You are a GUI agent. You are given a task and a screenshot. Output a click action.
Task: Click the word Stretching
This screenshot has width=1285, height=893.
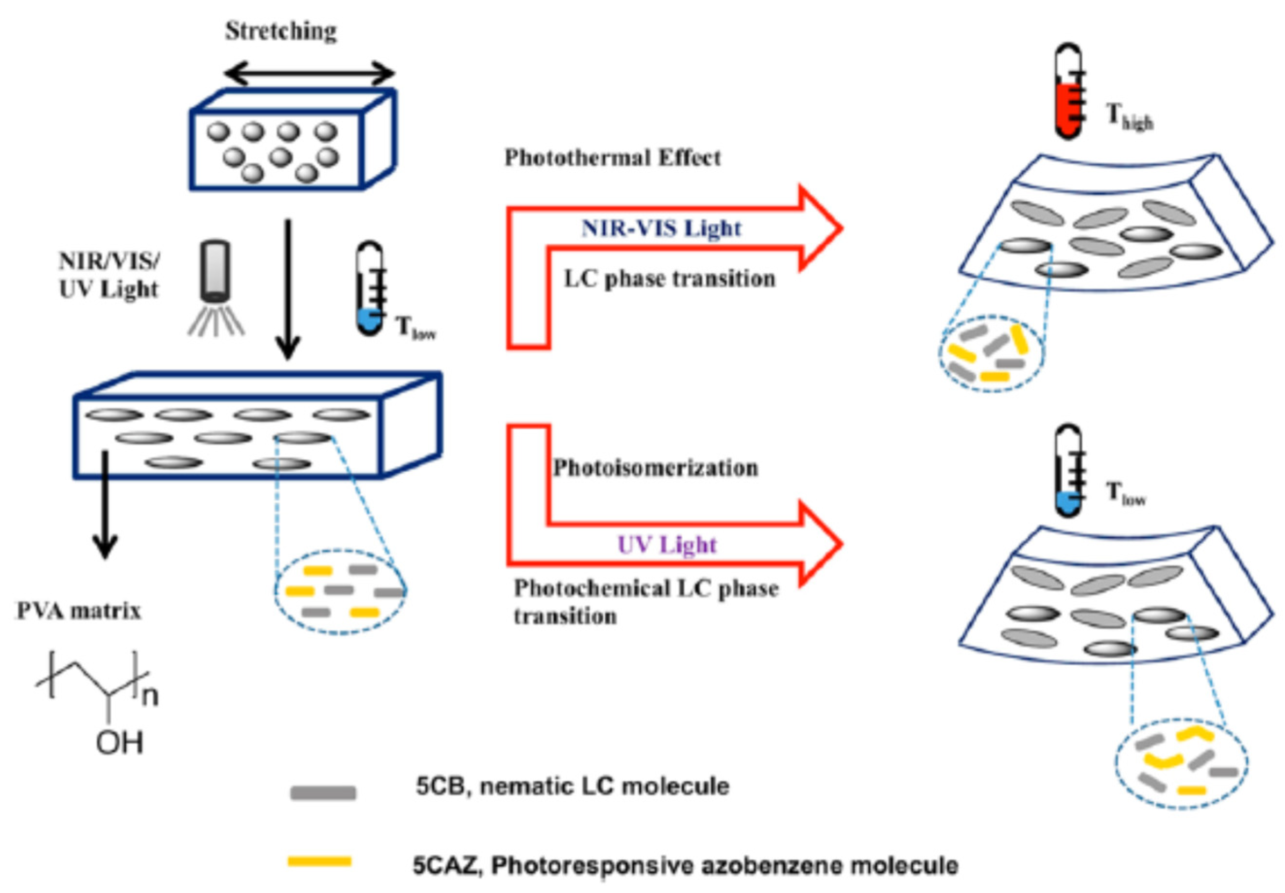pos(281,32)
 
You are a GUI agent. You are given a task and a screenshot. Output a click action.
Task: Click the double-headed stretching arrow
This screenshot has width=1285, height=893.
pos(309,73)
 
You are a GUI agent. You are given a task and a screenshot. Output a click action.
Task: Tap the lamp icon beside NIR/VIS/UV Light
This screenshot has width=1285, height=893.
pos(216,288)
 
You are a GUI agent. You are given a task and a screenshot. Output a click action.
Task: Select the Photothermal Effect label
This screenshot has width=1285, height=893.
pos(613,158)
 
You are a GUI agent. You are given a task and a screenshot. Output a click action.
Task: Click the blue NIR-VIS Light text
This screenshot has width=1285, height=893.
pos(661,229)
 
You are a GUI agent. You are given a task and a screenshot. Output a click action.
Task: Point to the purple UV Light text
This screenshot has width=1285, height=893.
pos(667,545)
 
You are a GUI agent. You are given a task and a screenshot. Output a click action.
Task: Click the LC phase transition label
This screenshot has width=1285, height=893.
pos(669,279)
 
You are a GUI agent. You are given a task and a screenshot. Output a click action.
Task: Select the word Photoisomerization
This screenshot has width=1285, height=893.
pos(656,467)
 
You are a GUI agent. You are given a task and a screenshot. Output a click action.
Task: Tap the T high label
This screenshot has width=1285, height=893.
pos(1130,118)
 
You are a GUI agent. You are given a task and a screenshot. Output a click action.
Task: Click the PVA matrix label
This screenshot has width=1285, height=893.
pos(79,611)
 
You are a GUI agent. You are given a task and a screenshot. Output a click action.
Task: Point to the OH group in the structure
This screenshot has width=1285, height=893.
pos(119,743)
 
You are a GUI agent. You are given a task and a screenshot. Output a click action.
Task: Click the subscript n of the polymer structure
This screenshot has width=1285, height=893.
pos(150,696)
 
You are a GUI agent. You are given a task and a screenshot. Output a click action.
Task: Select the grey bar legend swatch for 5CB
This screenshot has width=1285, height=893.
pos(323,793)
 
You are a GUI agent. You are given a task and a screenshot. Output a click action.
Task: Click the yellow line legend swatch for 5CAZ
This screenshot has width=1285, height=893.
pos(320,861)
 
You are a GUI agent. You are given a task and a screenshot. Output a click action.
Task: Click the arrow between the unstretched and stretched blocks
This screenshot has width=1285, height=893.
pos(288,290)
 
